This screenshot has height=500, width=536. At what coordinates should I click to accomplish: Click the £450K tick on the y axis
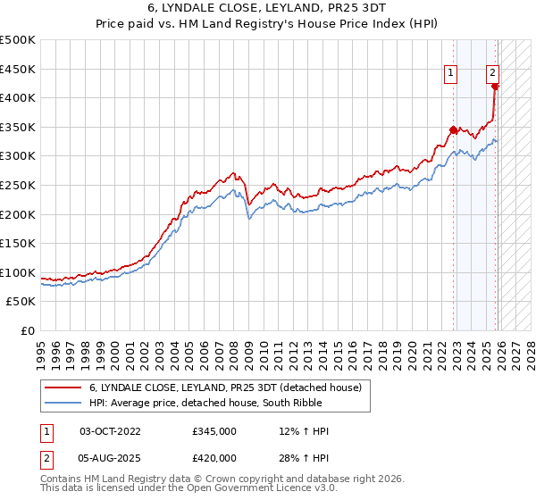pyautogui.click(x=18, y=69)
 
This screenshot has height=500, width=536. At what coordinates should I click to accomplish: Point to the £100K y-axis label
pyautogui.click(x=18, y=272)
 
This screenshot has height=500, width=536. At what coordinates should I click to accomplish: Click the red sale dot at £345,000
pyautogui.click(x=454, y=129)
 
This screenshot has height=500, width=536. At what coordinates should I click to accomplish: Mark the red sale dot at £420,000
pyautogui.click(x=496, y=87)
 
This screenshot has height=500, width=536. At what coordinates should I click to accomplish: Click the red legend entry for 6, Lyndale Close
pyautogui.click(x=224, y=387)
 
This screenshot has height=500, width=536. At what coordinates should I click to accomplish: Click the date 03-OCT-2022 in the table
pyautogui.click(x=111, y=431)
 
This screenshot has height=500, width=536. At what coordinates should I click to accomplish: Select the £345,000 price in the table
pyautogui.click(x=214, y=431)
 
